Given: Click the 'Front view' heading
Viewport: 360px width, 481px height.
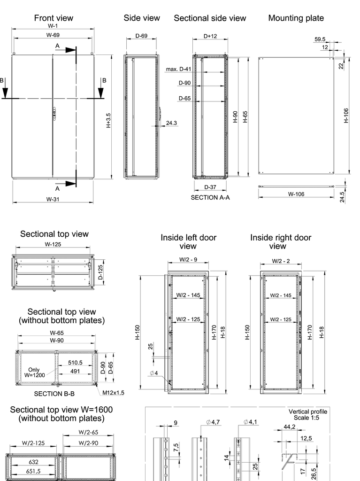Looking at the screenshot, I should coord(54,18).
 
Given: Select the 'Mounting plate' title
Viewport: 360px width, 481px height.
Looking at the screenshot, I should coord(296,18).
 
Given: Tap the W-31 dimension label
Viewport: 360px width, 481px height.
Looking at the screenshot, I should coord(53,199).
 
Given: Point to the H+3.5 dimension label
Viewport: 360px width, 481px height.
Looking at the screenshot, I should coord(108,121).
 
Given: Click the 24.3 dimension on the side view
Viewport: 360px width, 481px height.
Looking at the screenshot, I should coord(171,123).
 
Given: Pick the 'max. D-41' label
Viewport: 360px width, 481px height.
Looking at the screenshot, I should coord(178,69).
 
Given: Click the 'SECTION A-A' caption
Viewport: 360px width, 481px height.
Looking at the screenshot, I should coord(210,198).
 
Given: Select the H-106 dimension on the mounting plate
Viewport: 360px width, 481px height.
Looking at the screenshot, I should coord(346,115).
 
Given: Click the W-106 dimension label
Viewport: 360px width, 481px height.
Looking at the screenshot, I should coord(297,194).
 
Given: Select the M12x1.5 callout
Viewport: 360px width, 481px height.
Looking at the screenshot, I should coord(113,392).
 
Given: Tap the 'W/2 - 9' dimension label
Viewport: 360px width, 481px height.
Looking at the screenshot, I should coord(187,259).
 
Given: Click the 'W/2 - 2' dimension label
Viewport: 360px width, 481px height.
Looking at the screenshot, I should coord(281,261).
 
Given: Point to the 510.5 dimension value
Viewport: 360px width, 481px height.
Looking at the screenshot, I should coord(75,363).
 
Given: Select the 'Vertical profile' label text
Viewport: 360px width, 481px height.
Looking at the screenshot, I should coord(308,411).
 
